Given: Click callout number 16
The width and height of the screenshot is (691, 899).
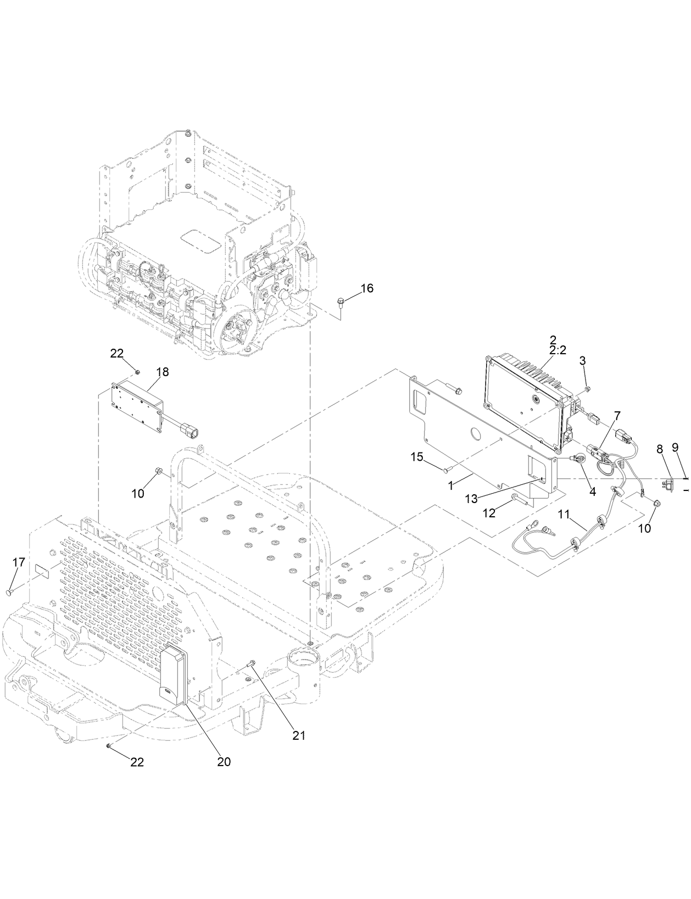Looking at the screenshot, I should click(x=366, y=288).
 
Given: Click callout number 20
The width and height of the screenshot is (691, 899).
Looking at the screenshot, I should click(x=224, y=762).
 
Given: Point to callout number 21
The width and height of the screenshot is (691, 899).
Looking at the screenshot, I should click(x=298, y=735).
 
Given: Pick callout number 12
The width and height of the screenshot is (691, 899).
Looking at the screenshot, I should click(x=489, y=513).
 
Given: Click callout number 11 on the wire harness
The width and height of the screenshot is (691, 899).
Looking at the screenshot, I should click(x=564, y=515).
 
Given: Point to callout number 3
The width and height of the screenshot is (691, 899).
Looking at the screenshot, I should click(x=582, y=360).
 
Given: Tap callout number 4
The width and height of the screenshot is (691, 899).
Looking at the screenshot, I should click(x=592, y=493).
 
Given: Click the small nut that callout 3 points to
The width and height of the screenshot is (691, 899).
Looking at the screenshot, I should click(x=587, y=389).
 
